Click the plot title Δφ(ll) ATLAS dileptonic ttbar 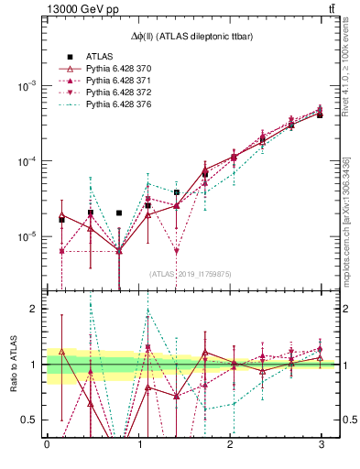click(193, 35)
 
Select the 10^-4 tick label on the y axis click(27, 161)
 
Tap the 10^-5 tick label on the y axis click(27, 236)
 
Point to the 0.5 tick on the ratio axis click(29, 420)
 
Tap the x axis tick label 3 click(322, 446)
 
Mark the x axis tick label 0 click(47, 446)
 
